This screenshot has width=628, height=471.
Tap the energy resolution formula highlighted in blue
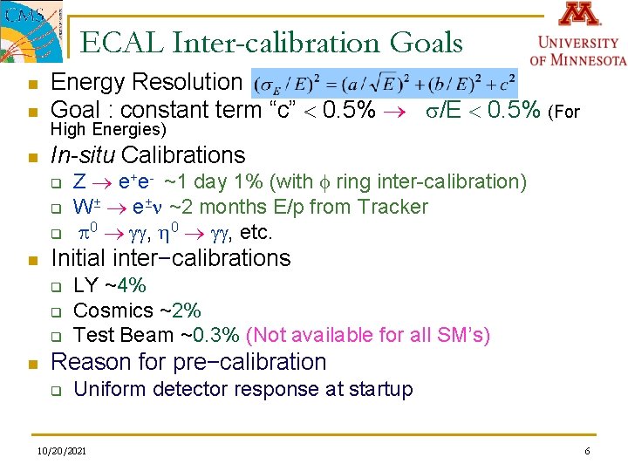tap(384, 83)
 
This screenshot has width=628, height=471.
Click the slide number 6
tap(588, 451)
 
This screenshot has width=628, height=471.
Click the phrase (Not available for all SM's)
tap(368, 335)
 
